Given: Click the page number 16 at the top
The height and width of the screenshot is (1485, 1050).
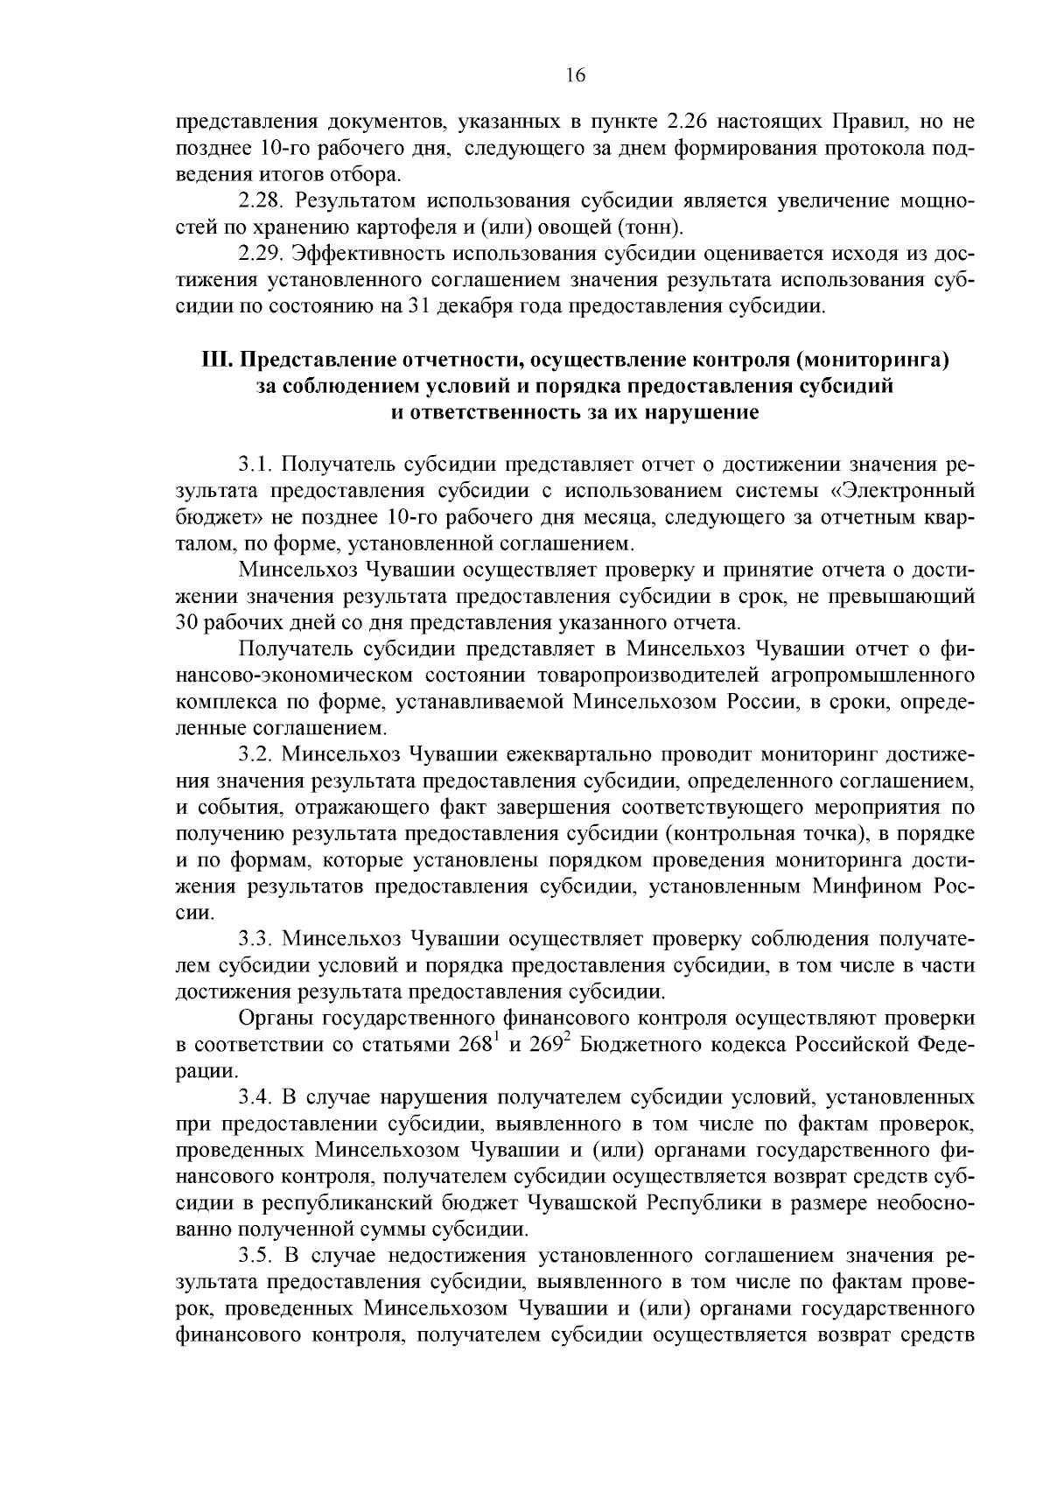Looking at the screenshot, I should (575, 75).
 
